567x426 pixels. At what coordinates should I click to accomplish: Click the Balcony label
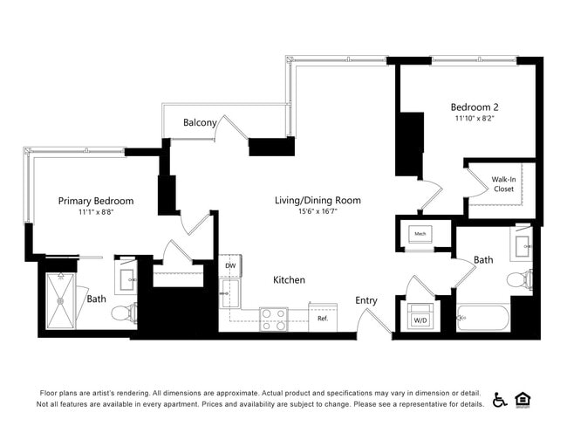coord(200,123)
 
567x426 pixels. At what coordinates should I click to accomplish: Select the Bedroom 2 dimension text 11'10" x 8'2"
coord(475,118)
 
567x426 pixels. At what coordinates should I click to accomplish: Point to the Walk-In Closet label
coord(502,182)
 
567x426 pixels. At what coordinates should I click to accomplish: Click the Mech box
coord(420,234)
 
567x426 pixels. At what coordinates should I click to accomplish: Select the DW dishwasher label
coord(230,265)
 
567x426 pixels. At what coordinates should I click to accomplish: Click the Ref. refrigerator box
coord(323,318)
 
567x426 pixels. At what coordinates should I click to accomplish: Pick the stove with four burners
coord(274,319)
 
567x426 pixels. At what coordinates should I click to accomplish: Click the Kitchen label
coord(289,280)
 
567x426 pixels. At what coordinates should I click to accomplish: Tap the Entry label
coord(366,301)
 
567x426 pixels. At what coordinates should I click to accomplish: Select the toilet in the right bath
coord(521,280)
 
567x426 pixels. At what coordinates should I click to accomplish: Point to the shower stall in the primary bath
coord(61,300)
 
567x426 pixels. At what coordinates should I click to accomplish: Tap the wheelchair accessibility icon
coord(500,399)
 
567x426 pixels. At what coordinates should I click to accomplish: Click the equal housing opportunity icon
coord(523,399)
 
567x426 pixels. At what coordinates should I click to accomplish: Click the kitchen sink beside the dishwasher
coord(230,292)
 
